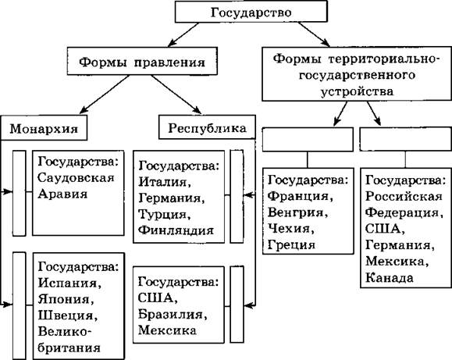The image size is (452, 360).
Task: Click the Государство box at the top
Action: click(x=251, y=12)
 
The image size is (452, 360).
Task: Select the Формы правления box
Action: click(x=142, y=61)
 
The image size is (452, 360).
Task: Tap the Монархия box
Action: click(x=44, y=128)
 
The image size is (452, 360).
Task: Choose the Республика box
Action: click(x=207, y=127)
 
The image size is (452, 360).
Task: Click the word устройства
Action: click(x=358, y=91)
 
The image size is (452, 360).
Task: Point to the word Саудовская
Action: click(x=76, y=178)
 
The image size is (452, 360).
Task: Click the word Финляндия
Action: click(x=176, y=230)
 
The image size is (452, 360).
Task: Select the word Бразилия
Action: click(x=173, y=314)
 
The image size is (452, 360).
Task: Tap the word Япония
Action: click(x=66, y=299)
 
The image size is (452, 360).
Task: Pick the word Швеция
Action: click(x=68, y=315)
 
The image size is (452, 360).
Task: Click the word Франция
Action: click(x=301, y=196)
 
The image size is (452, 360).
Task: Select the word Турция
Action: click(x=165, y=214)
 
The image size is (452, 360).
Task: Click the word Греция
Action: click(x=291, y=245)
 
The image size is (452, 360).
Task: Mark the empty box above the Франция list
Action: click(x=308, y=139)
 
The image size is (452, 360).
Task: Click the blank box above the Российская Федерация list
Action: click(x=406, y=139)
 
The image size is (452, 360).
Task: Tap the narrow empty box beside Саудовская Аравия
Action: click(x=19, y=193)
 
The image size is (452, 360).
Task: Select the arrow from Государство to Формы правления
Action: click(x=183, y=34)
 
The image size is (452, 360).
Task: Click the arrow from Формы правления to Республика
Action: click(x=176, y=94)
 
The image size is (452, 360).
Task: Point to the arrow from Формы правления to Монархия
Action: click(x=104, y=94)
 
